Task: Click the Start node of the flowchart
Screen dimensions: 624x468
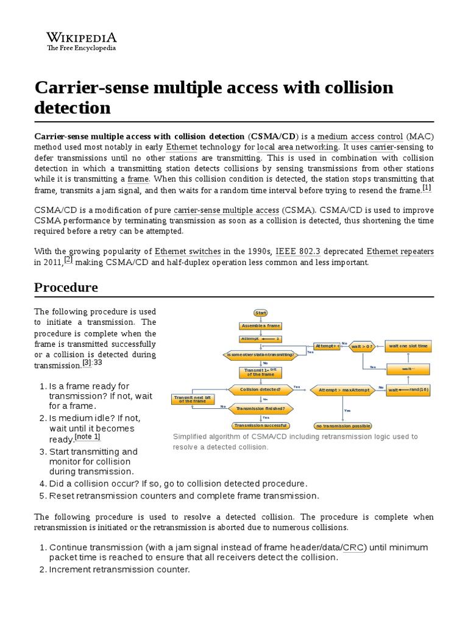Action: point(261,313)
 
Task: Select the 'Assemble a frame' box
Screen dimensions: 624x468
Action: point(260,326)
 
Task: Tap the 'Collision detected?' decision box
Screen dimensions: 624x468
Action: point(260,389)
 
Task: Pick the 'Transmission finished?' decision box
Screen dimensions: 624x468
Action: point(260,408)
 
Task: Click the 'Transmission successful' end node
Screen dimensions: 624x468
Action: point(261,425)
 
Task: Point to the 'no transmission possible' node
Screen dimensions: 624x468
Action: point(342,425)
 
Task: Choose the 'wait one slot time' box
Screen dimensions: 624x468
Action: point(408,346)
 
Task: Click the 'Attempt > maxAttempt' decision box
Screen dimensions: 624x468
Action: point(340,389)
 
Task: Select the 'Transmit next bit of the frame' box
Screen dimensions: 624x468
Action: point(193,399)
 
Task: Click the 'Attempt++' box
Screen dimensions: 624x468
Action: point(327,346)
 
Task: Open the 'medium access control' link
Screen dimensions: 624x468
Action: point(360,136)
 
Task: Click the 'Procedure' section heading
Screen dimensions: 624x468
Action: point(66,287)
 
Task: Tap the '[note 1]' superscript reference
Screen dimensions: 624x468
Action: point(87,436)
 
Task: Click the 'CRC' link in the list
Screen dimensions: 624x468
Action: point(354,547)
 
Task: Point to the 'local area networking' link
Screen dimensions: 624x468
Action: point(297,147)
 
